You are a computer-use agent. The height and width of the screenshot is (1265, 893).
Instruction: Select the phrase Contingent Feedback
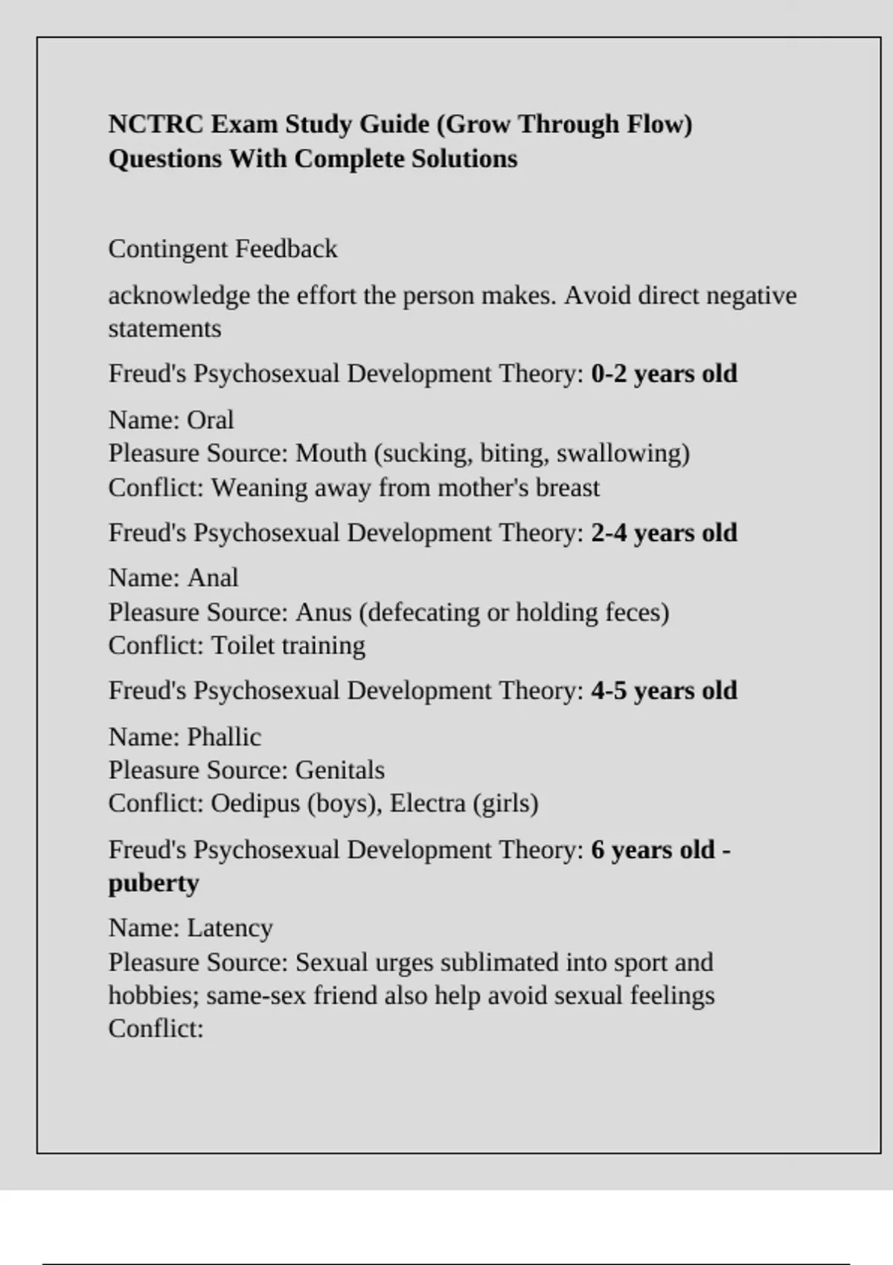pos(223,249)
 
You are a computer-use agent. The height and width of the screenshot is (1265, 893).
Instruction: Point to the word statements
pos(164,328)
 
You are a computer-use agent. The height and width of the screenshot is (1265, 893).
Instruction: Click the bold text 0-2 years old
pos(664,374)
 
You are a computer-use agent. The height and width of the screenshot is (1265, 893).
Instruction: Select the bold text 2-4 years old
pos(664,533)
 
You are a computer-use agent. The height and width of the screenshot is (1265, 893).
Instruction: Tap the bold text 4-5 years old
pos(664,691)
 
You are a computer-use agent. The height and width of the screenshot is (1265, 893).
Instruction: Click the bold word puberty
pos(154,883)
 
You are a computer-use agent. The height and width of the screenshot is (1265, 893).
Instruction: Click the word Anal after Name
pos(212,578)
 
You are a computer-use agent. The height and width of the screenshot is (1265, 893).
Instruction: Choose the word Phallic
pos(223,737)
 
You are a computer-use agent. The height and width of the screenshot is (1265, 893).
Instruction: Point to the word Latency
pos(229,929)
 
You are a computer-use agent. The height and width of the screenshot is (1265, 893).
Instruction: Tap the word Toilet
pos(237,645)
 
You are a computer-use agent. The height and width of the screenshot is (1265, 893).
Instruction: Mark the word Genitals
pos(339,770)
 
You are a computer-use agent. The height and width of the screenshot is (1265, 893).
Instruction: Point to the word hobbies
pos(153,996)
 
